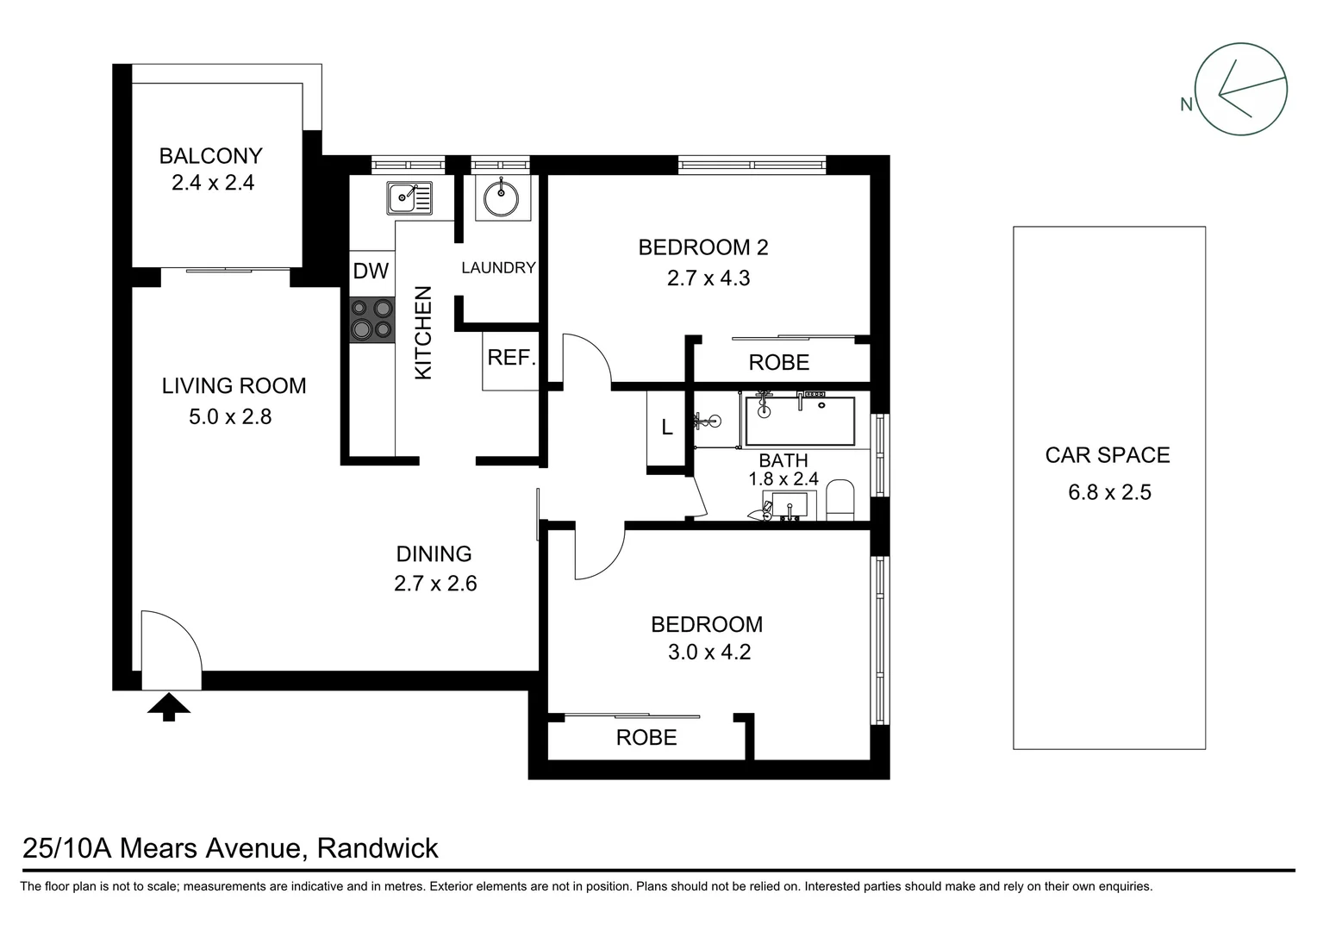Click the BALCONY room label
[x=210, y=156]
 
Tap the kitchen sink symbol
[x=409, y=198]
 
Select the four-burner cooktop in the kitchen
[x=371, y=318]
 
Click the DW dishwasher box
[x=371, y=271]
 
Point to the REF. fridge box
[x=511, y=359]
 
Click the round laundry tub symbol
[x=500, y=199]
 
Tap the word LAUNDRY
[x=498, y=268]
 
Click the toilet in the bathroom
[x=839, y=502]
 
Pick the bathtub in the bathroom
[x=799, y=421]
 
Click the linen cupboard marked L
[x=666, y=428]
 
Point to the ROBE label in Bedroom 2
[x=778, y=363]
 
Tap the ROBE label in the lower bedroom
[x=646, y=738]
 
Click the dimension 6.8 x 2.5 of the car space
[x=1109, y=492]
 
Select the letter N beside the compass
[x=1186, y=105]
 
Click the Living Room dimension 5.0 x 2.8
[x=230, y=417]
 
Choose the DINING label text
[x=434, y=554]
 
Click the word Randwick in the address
[x=378, y=848]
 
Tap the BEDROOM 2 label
[x=702, y=248]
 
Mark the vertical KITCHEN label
[x=423, y=334]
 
